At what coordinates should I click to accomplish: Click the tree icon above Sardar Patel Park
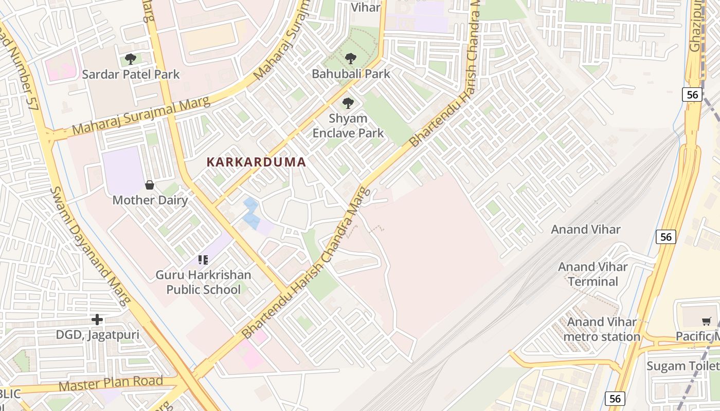pyautogui.click(x=131, y=59)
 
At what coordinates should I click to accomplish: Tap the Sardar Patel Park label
pyautogui.click(x=131, y=74)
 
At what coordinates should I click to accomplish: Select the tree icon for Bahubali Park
pyautogui.click(x=351, y=59)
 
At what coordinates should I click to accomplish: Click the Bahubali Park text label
pyautogui.click(x=351, y=74)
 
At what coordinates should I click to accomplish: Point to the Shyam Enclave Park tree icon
pyautogui.click(x=348, y=103)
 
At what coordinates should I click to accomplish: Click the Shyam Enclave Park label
pyautogui.click(x=348, y=126)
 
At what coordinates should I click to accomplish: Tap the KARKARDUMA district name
pyautogui.click(x=256, y=162)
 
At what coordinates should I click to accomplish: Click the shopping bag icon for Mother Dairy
pyautogui.click(x=150, y=185)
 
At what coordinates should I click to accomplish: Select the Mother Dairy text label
pyautogui.click(x=150, y=200)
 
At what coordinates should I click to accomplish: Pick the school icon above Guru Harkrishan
pyautogui.click(x=203, y=260)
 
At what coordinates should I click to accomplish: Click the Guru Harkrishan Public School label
pyautogui.click(x=203, y=282)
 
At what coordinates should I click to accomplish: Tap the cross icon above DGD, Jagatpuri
pyautogui.click(x=97, y=320)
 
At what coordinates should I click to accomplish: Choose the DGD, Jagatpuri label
pyautogui.click(x=98, y=335)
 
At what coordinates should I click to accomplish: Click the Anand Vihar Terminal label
pyautogui.click(x=593, y=274)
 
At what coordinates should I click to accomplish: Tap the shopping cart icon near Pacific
pyautogui.click(x=707, y=322)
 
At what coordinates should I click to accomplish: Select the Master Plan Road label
pyautogui.click(x=111, y=383)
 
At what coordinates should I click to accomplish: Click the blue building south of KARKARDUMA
pyautogui.click(x=251, y=214)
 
